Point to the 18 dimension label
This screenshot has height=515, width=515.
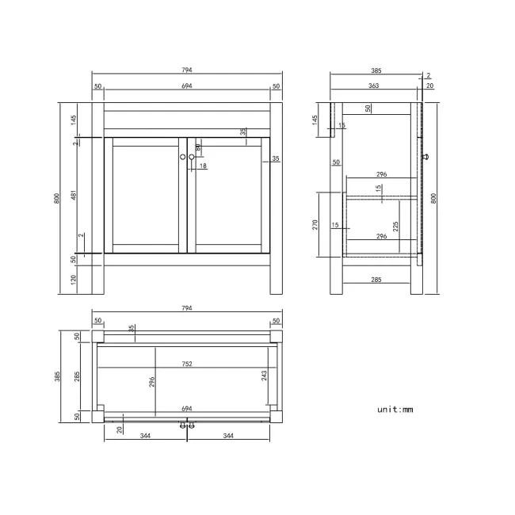click(x=203, y=166)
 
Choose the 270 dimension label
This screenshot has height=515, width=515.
click(x=315, y=224)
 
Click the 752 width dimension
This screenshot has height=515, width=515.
click(x=187, y=364)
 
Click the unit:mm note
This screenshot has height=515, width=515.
click(x=395, y=410)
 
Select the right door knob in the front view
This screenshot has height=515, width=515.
click(x=192, y=157)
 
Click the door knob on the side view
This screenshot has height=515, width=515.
click(x=427, y=157)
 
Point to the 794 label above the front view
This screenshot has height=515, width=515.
click(x=187, y=70)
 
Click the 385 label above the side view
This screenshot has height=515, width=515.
click(x=376, y=70)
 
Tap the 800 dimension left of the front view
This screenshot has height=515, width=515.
click(x=57, y=199)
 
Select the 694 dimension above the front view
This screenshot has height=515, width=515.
click(x=187, y=86)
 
